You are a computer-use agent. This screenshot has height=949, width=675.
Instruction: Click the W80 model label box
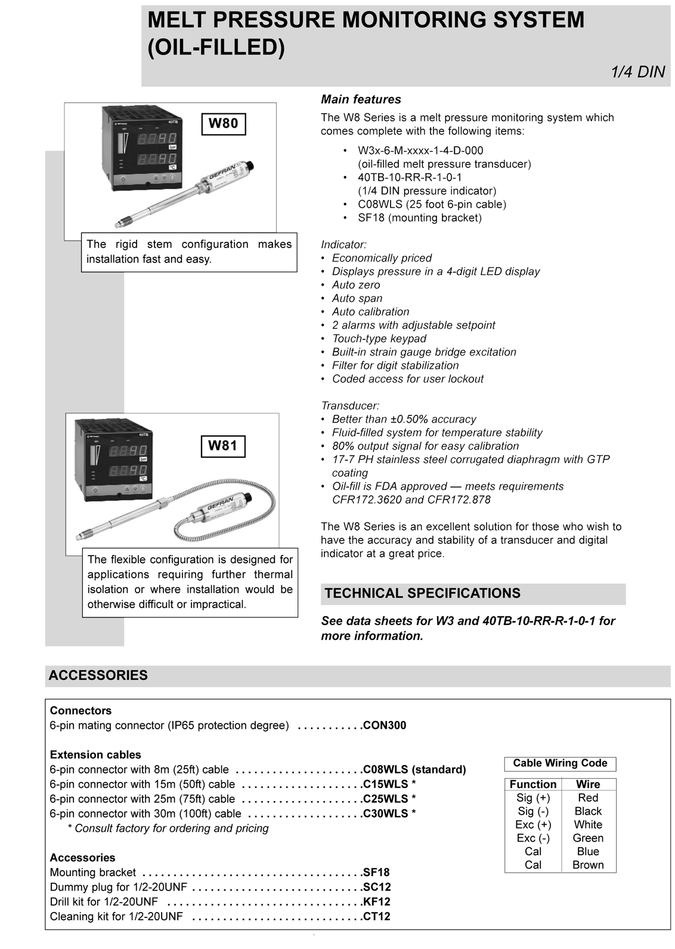(223, 124)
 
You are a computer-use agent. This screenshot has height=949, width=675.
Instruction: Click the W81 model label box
(222, 445)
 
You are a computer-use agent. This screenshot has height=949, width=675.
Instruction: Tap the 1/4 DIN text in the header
(637, 72)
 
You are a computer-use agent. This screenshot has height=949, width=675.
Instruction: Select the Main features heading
(361, 100)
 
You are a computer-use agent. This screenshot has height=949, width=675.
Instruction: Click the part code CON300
(385, 726)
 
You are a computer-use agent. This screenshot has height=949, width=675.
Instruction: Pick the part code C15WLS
(386, 784)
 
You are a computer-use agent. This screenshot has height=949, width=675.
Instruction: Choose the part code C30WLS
(386, 814)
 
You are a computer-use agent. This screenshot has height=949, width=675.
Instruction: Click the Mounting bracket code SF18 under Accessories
(376, 873)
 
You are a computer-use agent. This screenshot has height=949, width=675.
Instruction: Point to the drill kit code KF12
(377, 902)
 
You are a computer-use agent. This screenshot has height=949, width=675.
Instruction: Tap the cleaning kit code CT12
(377, 917)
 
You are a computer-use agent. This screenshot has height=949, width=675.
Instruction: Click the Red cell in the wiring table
(588, 798)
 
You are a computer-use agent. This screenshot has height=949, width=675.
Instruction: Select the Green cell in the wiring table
(588, 838)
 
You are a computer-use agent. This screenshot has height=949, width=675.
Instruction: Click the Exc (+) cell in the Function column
(533, 825)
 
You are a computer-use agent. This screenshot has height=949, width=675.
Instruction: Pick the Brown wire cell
(588, 865)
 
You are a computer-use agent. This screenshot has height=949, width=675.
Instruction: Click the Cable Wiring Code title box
(560, 763)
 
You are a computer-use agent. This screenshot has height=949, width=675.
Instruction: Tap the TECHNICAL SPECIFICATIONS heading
(422, 593)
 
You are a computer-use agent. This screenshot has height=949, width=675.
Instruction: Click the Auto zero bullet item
(357, 285)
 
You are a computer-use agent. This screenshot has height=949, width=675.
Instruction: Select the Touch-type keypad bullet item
(379, 339)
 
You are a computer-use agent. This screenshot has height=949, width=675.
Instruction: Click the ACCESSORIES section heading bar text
(98, 676)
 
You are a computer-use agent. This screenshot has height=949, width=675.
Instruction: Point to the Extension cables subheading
(95, 755)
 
